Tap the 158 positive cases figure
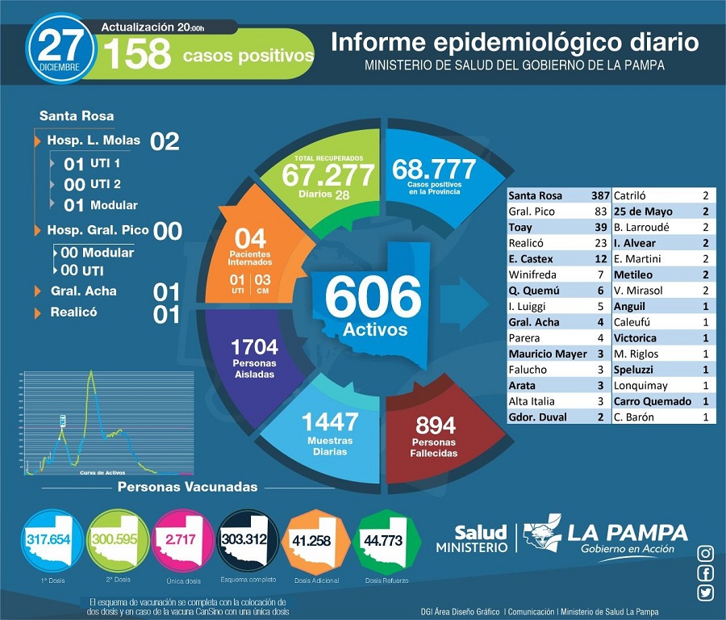[137, 55]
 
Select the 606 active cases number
[373, 298]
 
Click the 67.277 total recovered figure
[328, 174]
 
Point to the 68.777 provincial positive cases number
[434, 169]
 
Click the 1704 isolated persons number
[254, 347]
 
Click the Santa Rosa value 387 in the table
[596, 196]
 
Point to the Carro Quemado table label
[653, 401]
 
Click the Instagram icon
[705, 553]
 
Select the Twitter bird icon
[705, 593]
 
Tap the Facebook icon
[705, 573]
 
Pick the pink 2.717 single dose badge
[184, 539]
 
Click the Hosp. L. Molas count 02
[165, 141]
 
